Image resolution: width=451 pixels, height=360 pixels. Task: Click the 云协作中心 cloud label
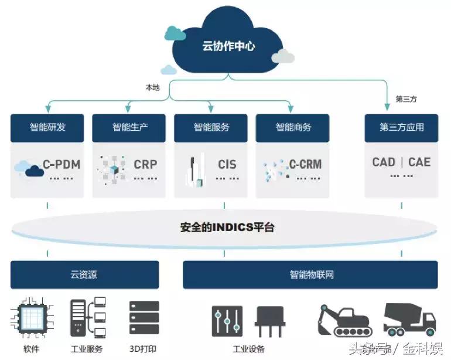point(228,46)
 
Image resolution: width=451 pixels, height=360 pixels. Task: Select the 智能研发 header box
point(47,127)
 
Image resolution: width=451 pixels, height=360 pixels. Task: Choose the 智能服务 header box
point(211,127)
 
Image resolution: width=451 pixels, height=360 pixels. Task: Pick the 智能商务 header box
point(293,127)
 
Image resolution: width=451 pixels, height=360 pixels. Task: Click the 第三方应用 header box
point(401,127)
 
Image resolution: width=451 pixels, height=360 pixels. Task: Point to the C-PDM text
point(61,164)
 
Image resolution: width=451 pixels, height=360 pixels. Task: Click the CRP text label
point(145,164)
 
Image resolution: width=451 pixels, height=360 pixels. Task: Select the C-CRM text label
point(305,164)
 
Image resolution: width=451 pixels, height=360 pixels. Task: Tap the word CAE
point(419,162)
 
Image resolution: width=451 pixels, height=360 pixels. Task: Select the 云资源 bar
point(84,274)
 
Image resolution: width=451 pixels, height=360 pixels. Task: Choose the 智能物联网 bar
point(310,274)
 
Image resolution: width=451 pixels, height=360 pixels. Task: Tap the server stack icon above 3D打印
point(144,318)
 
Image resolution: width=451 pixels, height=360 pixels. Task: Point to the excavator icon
point(344,320)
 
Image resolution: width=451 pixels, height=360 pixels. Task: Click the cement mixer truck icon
point(409,320)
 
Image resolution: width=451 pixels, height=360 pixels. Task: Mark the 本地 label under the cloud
point(152,87)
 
